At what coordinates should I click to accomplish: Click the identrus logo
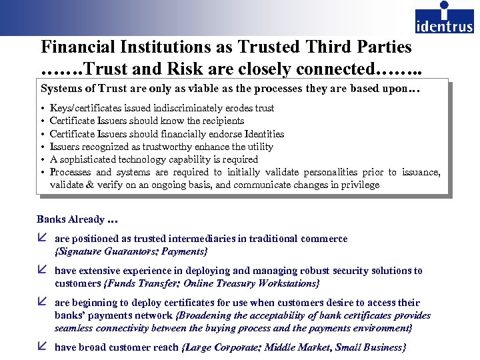[x=444, y=18]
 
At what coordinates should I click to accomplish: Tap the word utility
[x=259, y=147]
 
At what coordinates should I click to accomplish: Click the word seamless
[x=75, y=328]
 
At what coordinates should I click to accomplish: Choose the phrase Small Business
[x=370, y=347]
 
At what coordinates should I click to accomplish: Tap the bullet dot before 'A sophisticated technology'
[x=43, y=160]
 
